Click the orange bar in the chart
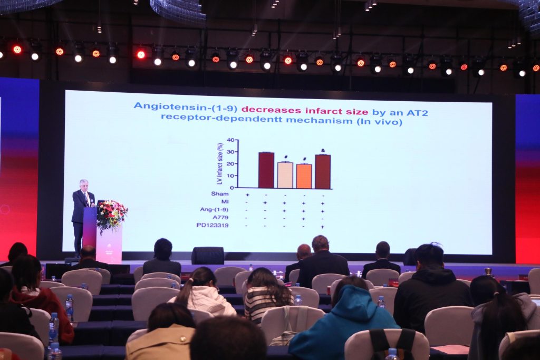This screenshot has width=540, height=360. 304,176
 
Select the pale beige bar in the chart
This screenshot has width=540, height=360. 285,175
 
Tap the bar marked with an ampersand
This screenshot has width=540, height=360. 323,171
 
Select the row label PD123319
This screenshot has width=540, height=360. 213,226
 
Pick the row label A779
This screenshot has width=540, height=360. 220,218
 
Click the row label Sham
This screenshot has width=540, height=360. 220,194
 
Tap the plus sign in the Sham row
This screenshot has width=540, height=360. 247,195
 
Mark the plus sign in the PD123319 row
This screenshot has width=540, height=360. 323,227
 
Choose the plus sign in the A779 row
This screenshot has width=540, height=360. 304,219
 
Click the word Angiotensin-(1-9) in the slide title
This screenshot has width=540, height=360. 186,106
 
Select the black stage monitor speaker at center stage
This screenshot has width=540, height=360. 208,255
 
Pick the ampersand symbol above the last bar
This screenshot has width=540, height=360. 323,150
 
